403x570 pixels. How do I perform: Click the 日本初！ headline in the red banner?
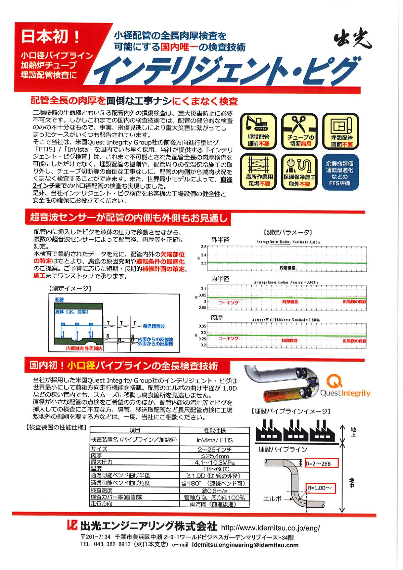(51, 36)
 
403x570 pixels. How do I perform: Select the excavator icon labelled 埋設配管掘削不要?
(258, 131)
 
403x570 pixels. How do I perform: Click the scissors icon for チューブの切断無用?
(299, 131)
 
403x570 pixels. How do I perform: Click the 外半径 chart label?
(220, 240)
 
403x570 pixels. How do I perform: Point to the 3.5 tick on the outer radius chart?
(204, 247)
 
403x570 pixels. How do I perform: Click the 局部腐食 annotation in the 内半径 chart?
(290, 302)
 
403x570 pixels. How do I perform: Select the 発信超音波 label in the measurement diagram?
(154, 326)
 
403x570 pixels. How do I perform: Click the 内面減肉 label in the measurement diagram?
(75, 348)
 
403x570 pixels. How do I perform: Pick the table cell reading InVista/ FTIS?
(214, 440)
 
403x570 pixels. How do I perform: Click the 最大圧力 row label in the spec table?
(102, 462)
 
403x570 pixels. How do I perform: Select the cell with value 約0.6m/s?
(214, 491)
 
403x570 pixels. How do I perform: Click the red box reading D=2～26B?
(321, 463)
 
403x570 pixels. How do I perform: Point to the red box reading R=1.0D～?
(320, 488)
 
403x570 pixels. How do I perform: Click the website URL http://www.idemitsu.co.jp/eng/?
(270, 528)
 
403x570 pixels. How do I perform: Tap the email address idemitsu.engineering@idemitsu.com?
(245, 545)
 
